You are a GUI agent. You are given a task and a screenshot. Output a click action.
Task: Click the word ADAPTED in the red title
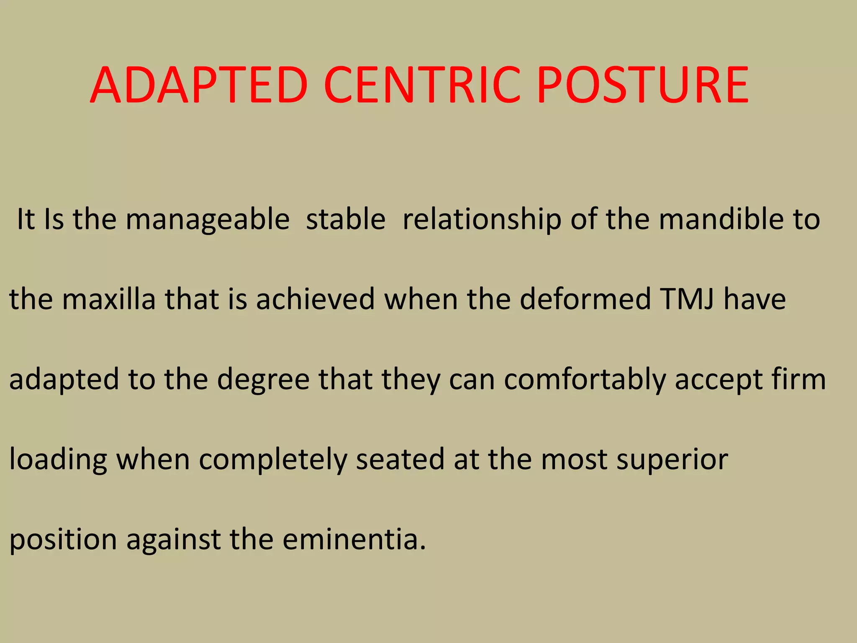[x=199, y=86]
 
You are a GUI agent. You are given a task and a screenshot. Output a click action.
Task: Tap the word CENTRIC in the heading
[x=422, y=86]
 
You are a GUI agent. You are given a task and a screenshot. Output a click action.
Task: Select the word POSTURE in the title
[x=643, y=86]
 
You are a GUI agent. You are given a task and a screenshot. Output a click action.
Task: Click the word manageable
[x=208, y=220]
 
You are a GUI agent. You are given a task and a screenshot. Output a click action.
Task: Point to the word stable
[x=346, y=219]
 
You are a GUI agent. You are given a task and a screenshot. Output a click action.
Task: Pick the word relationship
[x=481, y=220]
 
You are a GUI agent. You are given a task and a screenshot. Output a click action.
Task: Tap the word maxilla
[x=109, y=299]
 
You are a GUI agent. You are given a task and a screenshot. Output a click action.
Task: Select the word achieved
[x=315, y=299]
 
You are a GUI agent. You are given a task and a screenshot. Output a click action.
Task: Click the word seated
[x=400, y=459]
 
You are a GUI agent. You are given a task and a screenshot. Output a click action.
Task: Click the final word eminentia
[x=354, y=539]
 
